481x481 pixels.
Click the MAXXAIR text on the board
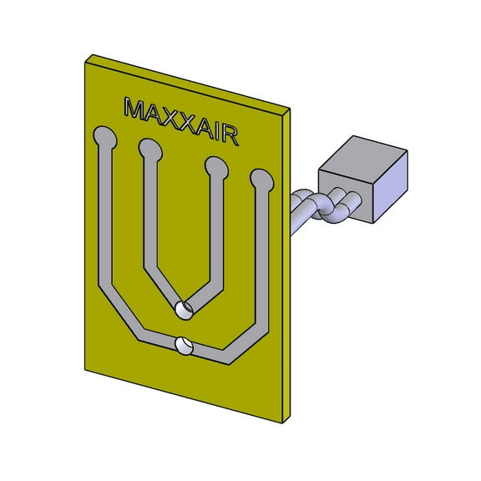tap(180, 120)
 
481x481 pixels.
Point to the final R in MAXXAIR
tap(229, 135)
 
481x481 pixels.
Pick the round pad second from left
tap(151, 149)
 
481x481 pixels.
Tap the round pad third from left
tap(216, 167)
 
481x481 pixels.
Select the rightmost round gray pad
tap(261, 178)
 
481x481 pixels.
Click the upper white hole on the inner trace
tap(184, 310)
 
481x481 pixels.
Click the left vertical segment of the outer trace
tap(104, 217)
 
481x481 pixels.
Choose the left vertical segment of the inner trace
tap(150, 217)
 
